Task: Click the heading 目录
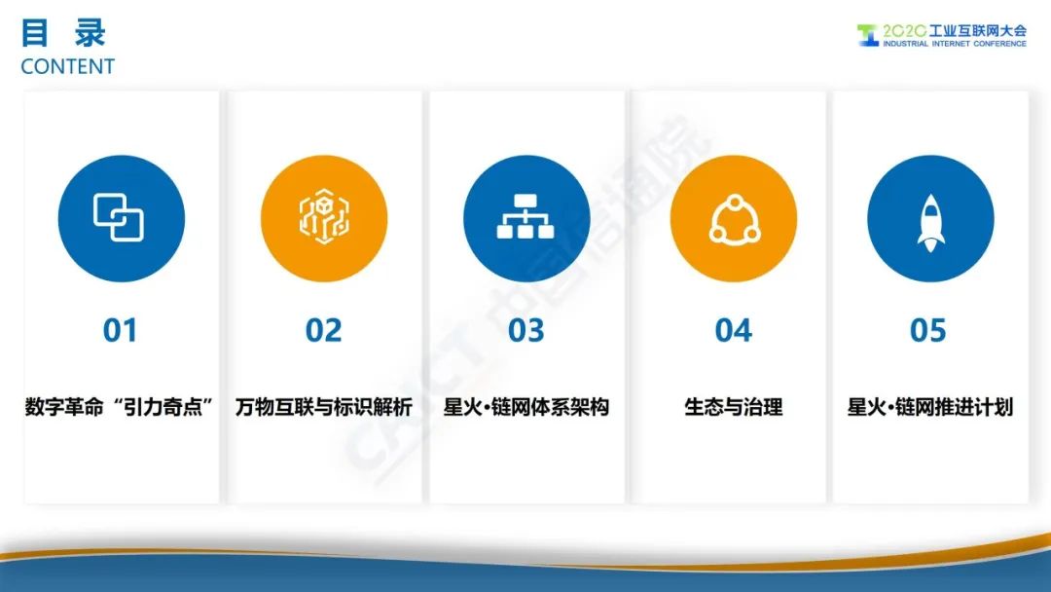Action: click(x=63, y=33)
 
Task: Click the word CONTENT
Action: click(x=68, y=66)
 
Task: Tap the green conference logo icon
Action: click(x=867, y=35)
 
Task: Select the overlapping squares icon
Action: click(x=119, y=217)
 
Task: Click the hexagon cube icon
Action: click(x=324, y=216)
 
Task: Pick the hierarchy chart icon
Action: click(x=525, y=216)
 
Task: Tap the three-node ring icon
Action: click(x=735, y=218)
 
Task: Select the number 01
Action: click(x=120, y=330)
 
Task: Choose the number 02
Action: click(x=324, y=330)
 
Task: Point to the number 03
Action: click(x=526, y=330)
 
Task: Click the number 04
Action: click(x=734, y=330)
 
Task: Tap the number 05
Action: click(x=928, y=330)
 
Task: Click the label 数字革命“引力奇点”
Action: click(x=120, y=407)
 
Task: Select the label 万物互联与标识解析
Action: click(x=324, y=407)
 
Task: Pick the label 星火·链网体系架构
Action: click(x=526, y=407)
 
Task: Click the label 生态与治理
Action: click(x=734, y=407)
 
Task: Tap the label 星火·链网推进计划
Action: click(x=930, y=407)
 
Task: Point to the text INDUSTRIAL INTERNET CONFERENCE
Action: click(x=955, y=44)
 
